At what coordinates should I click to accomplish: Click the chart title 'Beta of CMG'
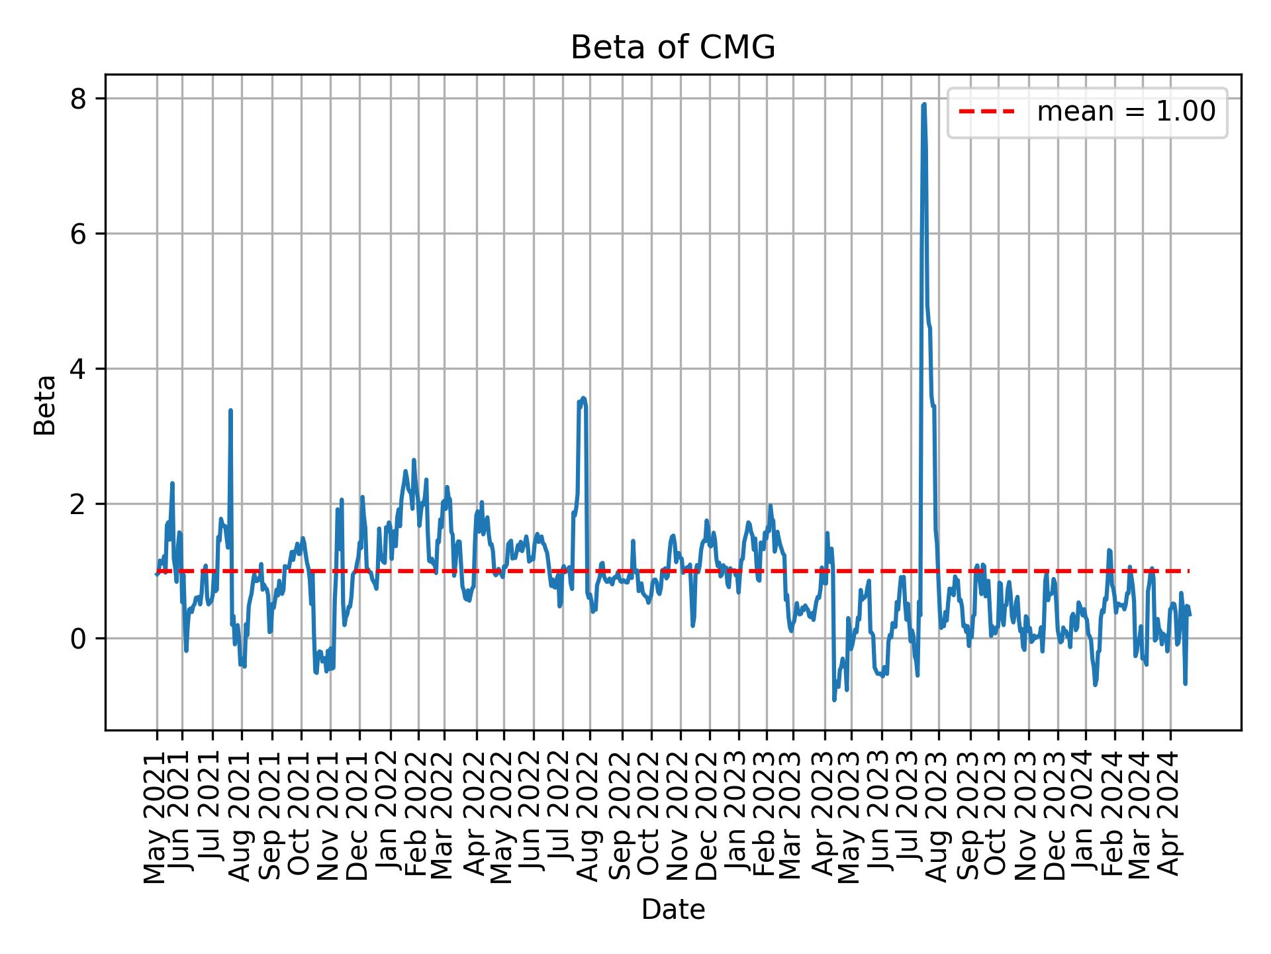point(673,48)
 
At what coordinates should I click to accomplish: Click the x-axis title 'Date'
point(673,910)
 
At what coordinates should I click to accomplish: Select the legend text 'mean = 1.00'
point(1125,112)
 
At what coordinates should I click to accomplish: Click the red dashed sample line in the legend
point(986,112)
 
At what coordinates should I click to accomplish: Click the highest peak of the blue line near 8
point(923,105)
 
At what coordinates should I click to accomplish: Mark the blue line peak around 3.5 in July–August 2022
point(583,398)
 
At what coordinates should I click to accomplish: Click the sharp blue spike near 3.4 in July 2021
point(230,411)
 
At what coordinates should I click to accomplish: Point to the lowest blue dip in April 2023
point(834,700)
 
